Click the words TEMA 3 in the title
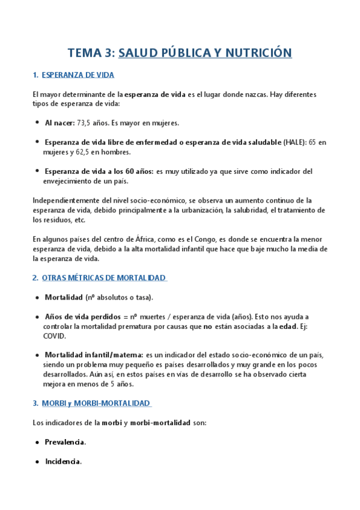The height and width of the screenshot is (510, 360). click(x=90, y=53)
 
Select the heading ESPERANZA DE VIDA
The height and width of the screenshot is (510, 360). click(x=78, y=75)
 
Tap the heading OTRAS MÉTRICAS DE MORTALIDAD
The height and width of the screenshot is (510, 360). click(x=103, y=278)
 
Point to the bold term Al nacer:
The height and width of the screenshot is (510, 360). click(x=59, y=123)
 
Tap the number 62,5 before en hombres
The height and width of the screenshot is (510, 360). click(x=96, y=152)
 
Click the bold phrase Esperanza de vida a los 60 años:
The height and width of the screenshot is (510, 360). click(x=99, y=171)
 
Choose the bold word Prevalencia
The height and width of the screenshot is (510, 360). click(x=65, y=442)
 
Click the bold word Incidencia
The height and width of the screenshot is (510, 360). click(x=63, y=461)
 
